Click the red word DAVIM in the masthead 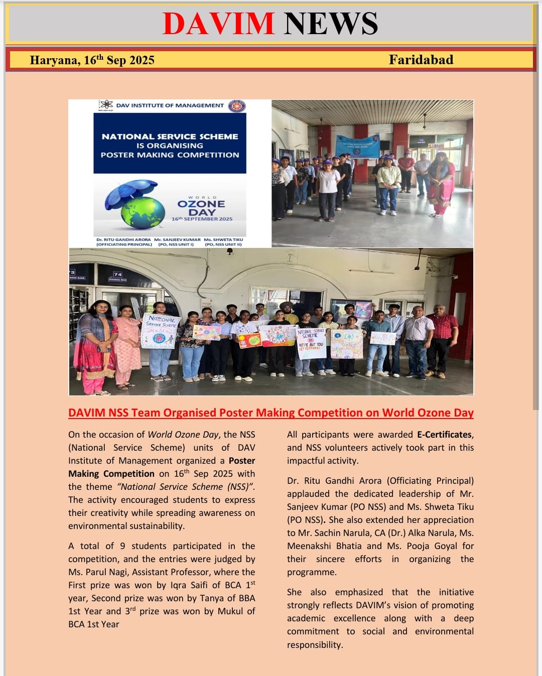[218, 24]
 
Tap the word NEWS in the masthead [331, 24]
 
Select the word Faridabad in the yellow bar [421, 60]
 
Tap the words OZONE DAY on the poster [201, 208]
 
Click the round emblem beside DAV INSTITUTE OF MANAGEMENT [237, 106]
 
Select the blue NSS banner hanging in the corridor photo [357, 146]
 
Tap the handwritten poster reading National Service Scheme [161, 330]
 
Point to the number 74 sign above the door [117, 275]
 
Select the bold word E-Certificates [444, 435]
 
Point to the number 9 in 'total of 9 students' [122, 546]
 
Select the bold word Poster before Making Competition [242, 461]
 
